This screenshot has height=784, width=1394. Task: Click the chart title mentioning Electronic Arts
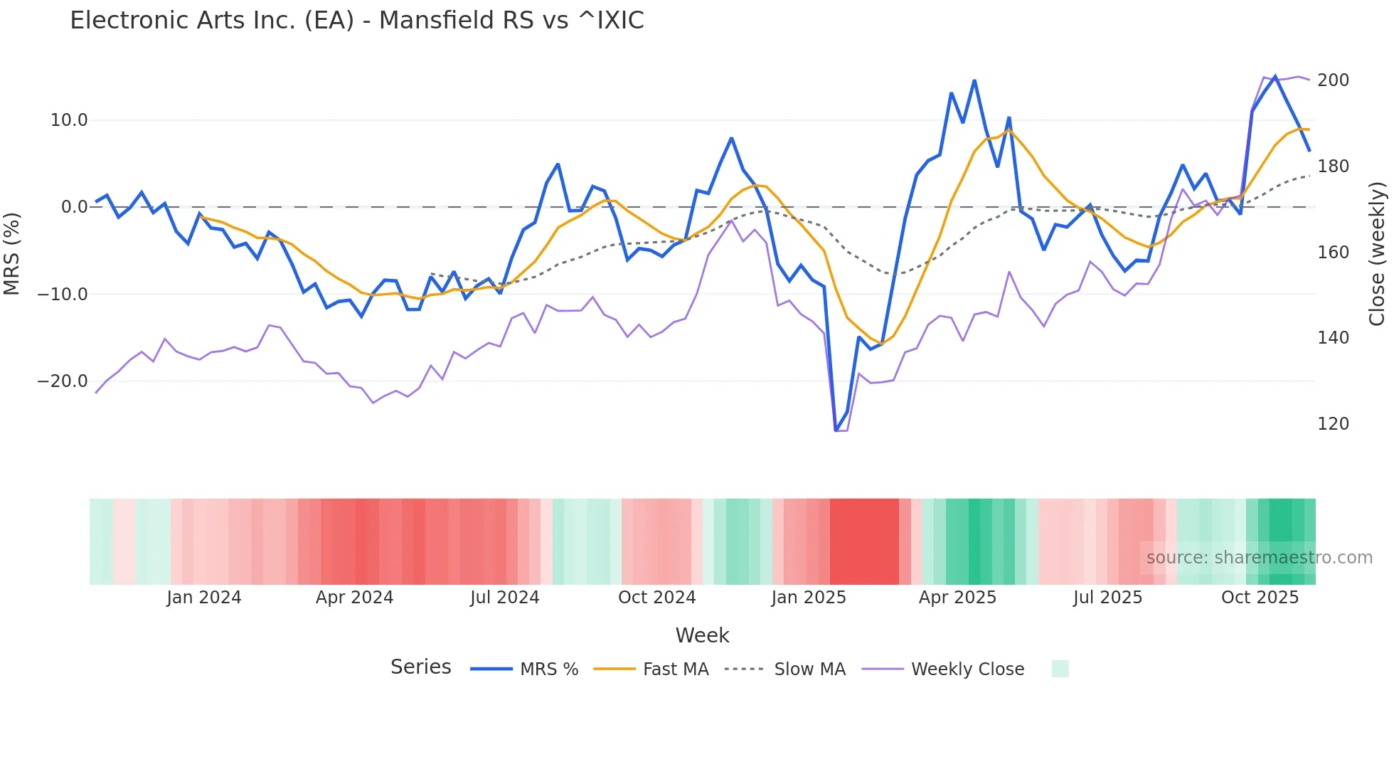[x=356, y=21]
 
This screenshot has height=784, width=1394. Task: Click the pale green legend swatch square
[x=1060, y=669]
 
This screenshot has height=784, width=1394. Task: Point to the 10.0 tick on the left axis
[x=68, y=120]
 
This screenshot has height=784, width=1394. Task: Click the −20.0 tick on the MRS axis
[x=63, y=381]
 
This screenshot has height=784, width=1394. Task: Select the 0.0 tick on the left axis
[x=74, y=207]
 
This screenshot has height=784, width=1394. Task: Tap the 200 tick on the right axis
[x=1333, y=80]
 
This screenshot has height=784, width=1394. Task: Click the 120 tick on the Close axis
[x=1333, y=424]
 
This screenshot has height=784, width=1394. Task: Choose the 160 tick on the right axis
[x=1333, y=253]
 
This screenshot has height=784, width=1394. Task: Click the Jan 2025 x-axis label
[x=809, y=598]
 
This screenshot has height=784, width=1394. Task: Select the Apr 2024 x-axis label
[x=354, y=598]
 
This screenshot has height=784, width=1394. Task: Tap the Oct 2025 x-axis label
[x=1260, y=598]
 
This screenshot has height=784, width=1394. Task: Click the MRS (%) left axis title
[x=12, y=253]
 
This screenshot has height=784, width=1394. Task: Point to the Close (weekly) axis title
[x=1377, y=253]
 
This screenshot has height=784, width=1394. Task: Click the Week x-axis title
[x=702, y=635]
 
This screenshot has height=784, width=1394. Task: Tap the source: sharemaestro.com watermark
[x=1259, y=558]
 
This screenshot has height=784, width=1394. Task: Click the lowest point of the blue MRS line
[x=836, y=430]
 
